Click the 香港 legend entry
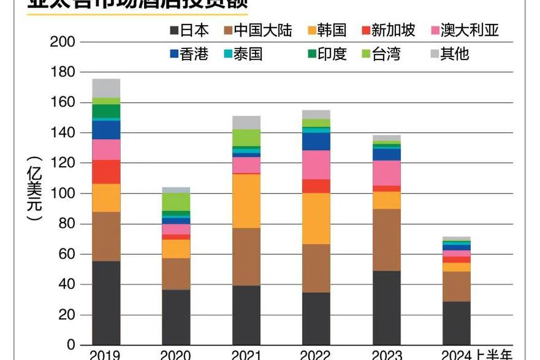189,54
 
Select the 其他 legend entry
448,54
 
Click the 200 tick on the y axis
63,42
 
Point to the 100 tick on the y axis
63,193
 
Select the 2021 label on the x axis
246,355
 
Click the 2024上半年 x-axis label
476,355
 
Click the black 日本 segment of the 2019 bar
106,303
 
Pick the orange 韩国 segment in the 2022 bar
316,218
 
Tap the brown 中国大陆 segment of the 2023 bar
387,240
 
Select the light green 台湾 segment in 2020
176,202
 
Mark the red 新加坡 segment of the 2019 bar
106,172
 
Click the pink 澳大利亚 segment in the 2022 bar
316,165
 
